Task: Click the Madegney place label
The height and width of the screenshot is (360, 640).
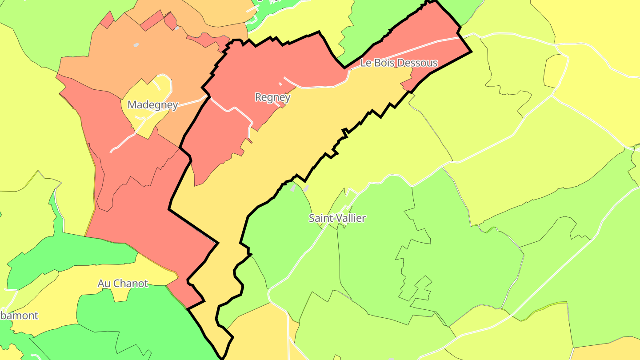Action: point(152,105)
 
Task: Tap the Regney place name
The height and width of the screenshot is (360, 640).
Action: point(272,97)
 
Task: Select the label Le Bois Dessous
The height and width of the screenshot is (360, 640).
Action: point(399,63)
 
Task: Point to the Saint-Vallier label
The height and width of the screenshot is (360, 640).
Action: point(337,218)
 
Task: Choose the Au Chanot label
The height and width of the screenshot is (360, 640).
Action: point(123,283)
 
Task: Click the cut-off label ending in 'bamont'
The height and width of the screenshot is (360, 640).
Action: point(19,316)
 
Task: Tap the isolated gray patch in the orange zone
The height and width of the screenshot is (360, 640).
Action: point(136,45)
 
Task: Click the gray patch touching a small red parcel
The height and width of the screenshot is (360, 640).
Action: point(176,28)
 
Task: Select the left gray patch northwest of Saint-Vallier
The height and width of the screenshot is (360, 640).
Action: point(293,188)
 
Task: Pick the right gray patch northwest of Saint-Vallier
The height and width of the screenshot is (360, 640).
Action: point(306,188)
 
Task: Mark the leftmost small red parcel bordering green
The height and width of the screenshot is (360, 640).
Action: point(107,20)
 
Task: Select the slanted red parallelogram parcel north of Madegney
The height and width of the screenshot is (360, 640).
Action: point(152,20)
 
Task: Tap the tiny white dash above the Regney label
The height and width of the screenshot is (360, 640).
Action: point(280,84)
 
